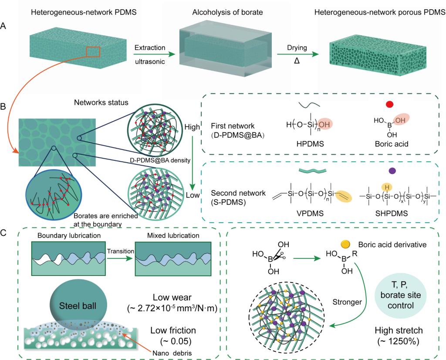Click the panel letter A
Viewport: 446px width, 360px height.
[3, 27]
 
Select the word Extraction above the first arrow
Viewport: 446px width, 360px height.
[149, 47]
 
